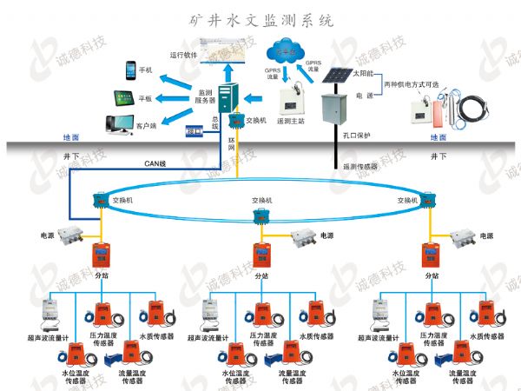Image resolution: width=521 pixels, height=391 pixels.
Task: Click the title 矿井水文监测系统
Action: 260,17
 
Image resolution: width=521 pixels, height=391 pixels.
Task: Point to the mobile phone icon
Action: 131,70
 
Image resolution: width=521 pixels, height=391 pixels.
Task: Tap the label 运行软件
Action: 183,55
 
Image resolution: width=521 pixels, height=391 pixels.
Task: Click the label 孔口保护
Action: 354,136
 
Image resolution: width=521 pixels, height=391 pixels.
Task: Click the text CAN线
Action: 155,161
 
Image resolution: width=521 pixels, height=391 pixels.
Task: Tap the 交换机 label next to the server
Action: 256,121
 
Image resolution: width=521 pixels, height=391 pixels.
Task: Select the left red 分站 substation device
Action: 100,255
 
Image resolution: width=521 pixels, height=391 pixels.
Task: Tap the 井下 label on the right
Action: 440,157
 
